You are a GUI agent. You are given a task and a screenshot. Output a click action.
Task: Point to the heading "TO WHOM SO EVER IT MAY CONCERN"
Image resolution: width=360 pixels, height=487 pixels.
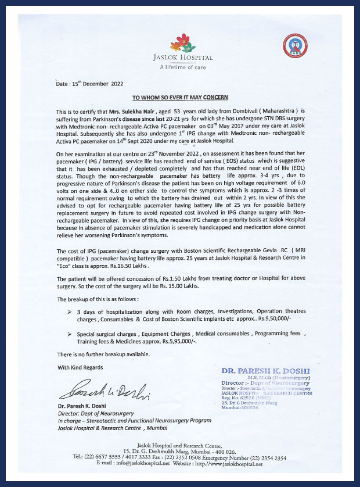pyautogui.click(x=180, y=97)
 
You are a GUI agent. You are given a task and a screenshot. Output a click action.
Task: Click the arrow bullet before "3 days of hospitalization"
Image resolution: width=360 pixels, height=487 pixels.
pyautogui.click(x=70, y=313)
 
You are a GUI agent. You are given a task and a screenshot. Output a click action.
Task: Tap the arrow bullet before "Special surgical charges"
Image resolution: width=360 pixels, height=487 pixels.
pyautogui.click(x=70, y=334)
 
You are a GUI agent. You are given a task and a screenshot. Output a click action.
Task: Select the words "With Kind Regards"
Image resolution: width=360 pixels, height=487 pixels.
pyautogui.click(x=80, y=367)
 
